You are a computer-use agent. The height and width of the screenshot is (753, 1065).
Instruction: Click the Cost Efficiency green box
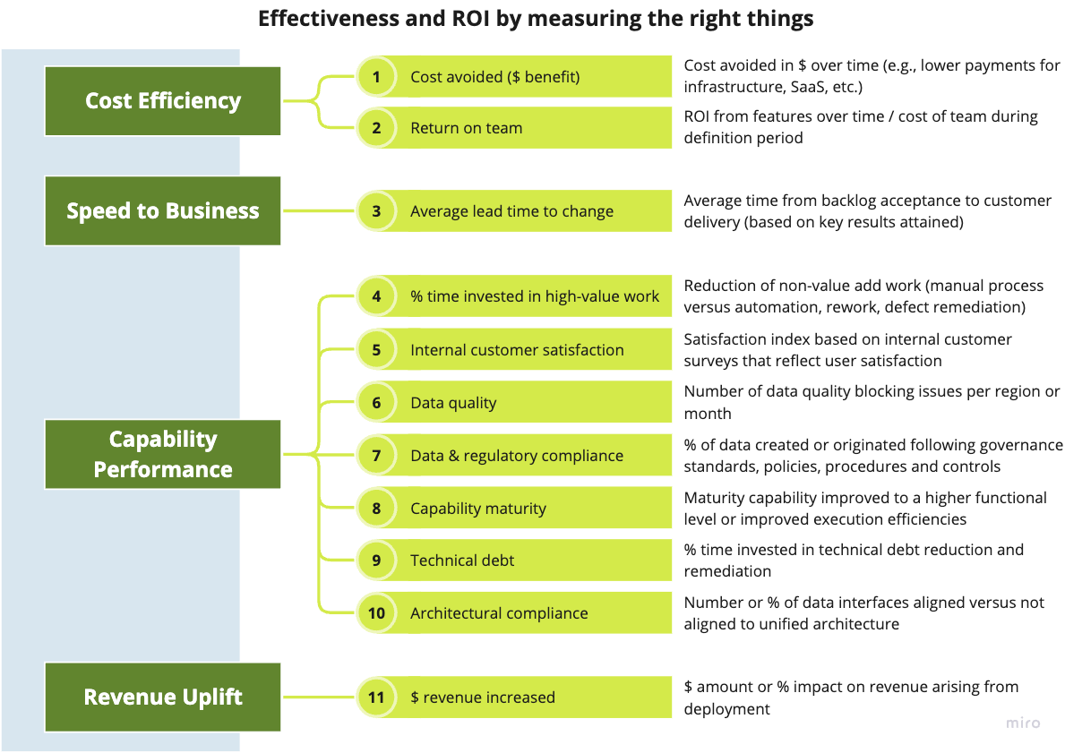[x=163, y=101]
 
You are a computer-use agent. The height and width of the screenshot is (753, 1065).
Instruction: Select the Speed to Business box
[x=163, y=211]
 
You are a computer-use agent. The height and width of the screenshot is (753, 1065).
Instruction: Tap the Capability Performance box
[x=163, y=454]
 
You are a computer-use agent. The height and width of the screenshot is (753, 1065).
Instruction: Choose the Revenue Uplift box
[x=163, y=697]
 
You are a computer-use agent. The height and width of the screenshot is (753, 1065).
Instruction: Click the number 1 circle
[x=376, y=77]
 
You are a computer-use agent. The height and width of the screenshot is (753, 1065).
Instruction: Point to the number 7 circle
[x=376, y=456]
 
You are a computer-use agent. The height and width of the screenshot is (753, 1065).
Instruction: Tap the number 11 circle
[x=376, y=697]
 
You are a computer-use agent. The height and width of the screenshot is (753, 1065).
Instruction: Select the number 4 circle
[x=376, y=296]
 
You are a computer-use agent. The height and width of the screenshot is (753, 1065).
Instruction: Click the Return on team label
[x=466, y=128]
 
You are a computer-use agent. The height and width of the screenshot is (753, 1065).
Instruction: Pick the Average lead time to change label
[x=511, y=211]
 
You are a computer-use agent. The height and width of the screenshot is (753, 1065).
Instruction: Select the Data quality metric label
[x=453, y=403]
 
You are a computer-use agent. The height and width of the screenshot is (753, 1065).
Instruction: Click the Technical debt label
[x=462, y=560]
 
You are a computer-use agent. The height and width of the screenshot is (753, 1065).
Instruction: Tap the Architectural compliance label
[x=499, y=613]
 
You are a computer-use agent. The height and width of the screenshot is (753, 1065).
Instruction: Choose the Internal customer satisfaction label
[x=517, y=350]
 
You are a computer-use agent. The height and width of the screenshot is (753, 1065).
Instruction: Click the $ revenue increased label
[x=483, y=697]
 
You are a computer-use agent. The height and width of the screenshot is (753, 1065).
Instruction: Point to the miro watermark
[x=1022, y=723]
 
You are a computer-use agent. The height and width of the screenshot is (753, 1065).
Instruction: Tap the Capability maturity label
[x=477, y=509]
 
